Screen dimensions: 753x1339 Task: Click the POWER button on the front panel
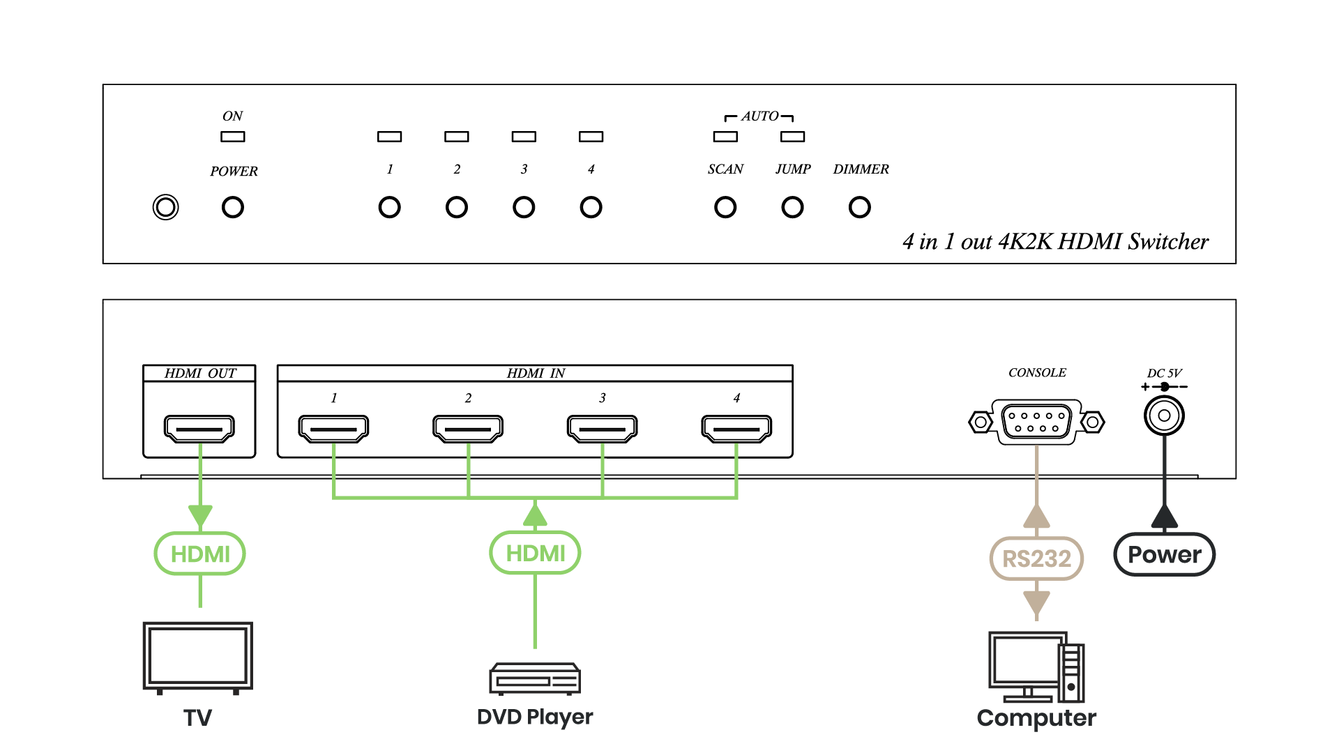(x=233, y=207)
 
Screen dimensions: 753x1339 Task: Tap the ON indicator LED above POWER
(x=233, y=137)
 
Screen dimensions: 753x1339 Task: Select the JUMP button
(x=792, y=207)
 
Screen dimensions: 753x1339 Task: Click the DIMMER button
(x=860, y=207)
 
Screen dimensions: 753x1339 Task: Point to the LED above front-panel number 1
(x=389, y=137)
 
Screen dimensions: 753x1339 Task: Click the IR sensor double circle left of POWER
(x=165, y=207)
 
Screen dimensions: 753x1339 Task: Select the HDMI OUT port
(x=199, y=428)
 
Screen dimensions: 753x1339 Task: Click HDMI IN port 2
(x=468, y=428)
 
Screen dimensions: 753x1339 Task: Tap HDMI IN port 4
(x=736, y=428)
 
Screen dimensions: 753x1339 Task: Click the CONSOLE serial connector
(x=1036, y=421)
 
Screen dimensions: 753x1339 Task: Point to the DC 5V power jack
(x=1164, y=416)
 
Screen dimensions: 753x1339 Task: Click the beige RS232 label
(x=1036, y=558)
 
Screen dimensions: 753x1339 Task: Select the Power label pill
(x=1164, y=555)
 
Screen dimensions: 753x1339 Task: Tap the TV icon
(x=198, y=657)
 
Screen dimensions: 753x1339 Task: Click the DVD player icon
(x=535, y=678)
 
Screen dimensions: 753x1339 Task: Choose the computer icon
(x=1036, y=667)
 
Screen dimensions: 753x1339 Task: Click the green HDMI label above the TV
(x=200, y=554)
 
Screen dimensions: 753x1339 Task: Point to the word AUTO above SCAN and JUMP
(x=759, y=116)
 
